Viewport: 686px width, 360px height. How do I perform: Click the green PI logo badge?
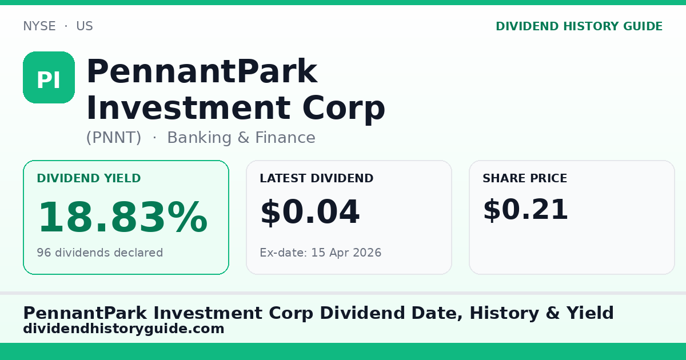coord(49,78)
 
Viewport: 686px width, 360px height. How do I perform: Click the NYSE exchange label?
coord(39,26)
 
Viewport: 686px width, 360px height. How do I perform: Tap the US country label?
coord(84,26)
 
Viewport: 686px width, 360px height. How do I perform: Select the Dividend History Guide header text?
coord(579,26)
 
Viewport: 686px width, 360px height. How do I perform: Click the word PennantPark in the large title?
coord(201,73)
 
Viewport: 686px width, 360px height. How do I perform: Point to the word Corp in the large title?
coord(344,108)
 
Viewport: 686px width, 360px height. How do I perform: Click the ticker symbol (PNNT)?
coord(114,138)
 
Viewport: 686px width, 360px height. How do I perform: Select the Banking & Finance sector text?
coord(241,138)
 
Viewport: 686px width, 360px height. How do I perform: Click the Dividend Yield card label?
coord(89,179)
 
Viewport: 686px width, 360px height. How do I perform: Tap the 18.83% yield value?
coord(122,218)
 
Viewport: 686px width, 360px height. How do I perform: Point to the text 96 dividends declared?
coord(99,253)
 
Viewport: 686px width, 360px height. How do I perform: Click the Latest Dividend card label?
coord(316,179)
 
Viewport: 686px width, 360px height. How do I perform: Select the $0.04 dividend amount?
coord(310,212)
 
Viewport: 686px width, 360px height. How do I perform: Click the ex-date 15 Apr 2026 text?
coord(320,253)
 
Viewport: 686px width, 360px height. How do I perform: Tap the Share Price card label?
coord(525,179)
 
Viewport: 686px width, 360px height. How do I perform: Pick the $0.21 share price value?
coord(525,210)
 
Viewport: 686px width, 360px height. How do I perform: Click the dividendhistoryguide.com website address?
coord(123,329)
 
